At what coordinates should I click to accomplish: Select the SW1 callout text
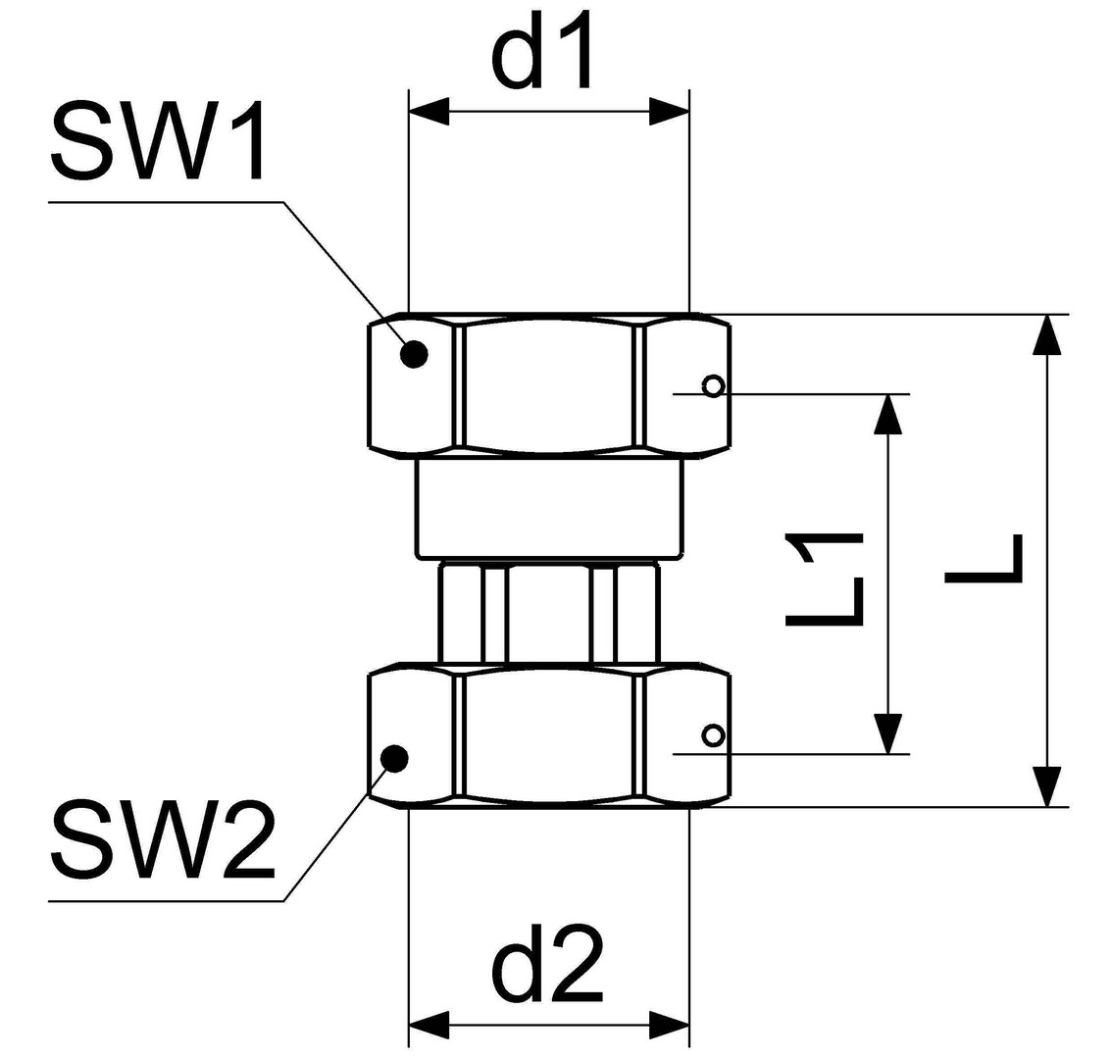point(158,142)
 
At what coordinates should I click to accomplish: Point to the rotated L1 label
point(824,579)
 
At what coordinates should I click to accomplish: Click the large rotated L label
point(984,559)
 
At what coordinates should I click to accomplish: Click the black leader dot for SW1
point(414,353)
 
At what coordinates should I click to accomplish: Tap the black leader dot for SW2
point(394,757)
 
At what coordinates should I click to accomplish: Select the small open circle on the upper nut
point(713,385)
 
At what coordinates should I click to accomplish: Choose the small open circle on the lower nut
point(713,734)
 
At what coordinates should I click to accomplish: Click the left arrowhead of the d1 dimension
point(429,112)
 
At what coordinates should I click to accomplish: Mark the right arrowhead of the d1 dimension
point(669,112)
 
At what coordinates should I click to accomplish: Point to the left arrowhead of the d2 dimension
point(429,1025)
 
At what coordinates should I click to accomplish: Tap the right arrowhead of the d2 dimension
point(669,1025)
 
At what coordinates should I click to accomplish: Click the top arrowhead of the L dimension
point(1047,334)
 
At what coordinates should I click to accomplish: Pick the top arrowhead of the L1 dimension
point(888,414)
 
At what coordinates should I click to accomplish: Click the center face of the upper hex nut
point(548,384)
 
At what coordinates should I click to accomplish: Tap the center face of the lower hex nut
point(548,735)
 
